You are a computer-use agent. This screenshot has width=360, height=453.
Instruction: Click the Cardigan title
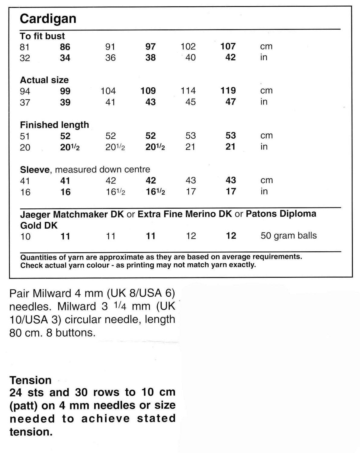click(x=48, y=19)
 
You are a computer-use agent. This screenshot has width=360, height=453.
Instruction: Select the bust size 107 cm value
click(x=228, y=47)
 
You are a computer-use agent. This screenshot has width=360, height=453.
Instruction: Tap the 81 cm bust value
click(x=25, y=47)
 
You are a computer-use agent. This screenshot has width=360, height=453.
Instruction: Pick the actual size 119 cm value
click(x=228, y=91)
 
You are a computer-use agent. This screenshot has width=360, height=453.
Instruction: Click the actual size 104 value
click(x=108, y=91)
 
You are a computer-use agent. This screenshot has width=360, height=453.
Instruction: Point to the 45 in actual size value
click(x=190, y=102)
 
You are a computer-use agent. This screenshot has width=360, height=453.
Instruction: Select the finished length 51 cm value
click(x=25, y=136)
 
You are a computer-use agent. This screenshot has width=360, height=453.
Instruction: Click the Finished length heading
click(x=54, y=125)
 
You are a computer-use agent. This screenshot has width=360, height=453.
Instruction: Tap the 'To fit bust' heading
click(x=42, y=36)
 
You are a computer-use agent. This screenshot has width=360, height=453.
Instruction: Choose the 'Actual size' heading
click(x=44, y=80)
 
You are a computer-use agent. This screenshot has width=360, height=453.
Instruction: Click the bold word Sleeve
click(x=34, y=169)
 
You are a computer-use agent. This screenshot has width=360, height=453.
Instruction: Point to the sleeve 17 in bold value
click(x=231, y=191)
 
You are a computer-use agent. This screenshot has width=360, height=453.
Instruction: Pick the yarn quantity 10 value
click(x=25, y=236)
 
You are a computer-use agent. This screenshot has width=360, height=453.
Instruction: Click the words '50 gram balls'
click(x=288, y=236)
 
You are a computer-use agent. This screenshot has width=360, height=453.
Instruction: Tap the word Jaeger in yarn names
click(x=35, y=214)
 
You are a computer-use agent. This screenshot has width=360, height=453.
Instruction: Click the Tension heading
click(x=31, y=380)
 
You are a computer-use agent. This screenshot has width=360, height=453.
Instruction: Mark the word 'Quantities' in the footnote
click(x=38, y=257)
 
